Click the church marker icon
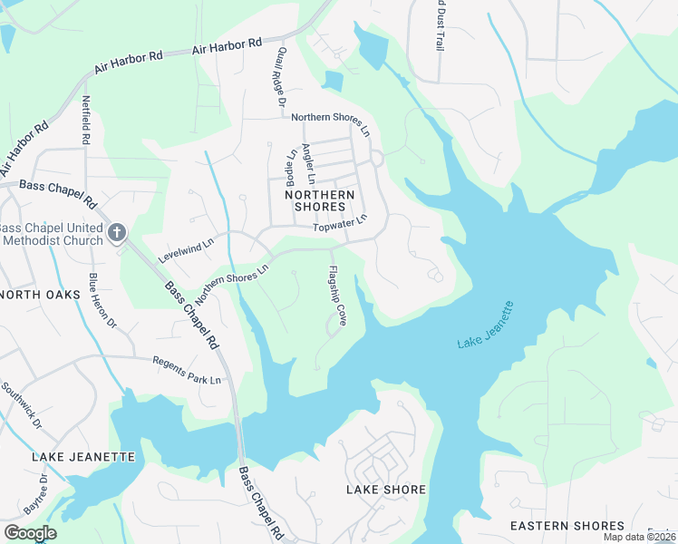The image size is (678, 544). [x=116, y=233]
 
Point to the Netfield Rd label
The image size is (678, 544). [x=86, y=121]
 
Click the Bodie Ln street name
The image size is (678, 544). [x=291, y=165]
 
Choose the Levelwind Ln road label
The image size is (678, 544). [x=185, y=245]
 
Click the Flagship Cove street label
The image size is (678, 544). [x=336, y=296]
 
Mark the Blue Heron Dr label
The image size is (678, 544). [x=102, y=299]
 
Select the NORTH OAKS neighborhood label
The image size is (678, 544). [x=35, y=295]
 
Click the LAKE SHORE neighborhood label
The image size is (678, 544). [x=386, y=490]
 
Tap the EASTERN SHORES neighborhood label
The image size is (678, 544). [x=567, y=526]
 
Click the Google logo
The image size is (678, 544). [x=30, y=532]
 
